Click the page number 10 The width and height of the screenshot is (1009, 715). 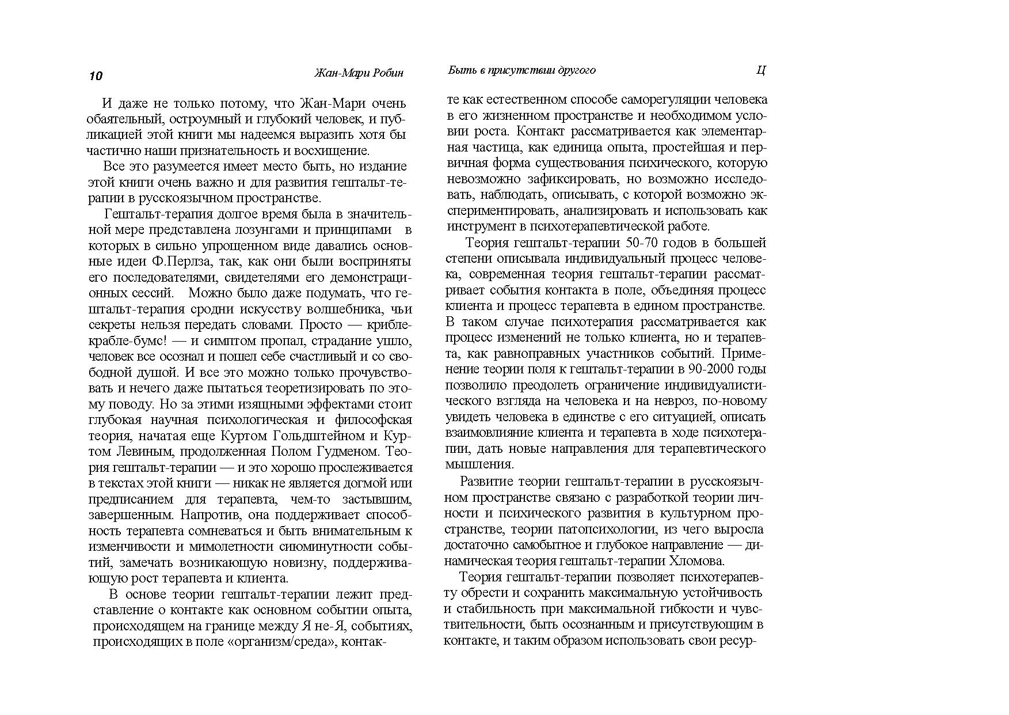point(96,76)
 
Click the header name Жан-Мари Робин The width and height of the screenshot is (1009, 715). point(359,73)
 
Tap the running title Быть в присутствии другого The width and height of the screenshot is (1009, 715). point(521,70)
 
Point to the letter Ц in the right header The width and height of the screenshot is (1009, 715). point(760,71)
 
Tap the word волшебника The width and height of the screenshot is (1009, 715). point(342,309)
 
